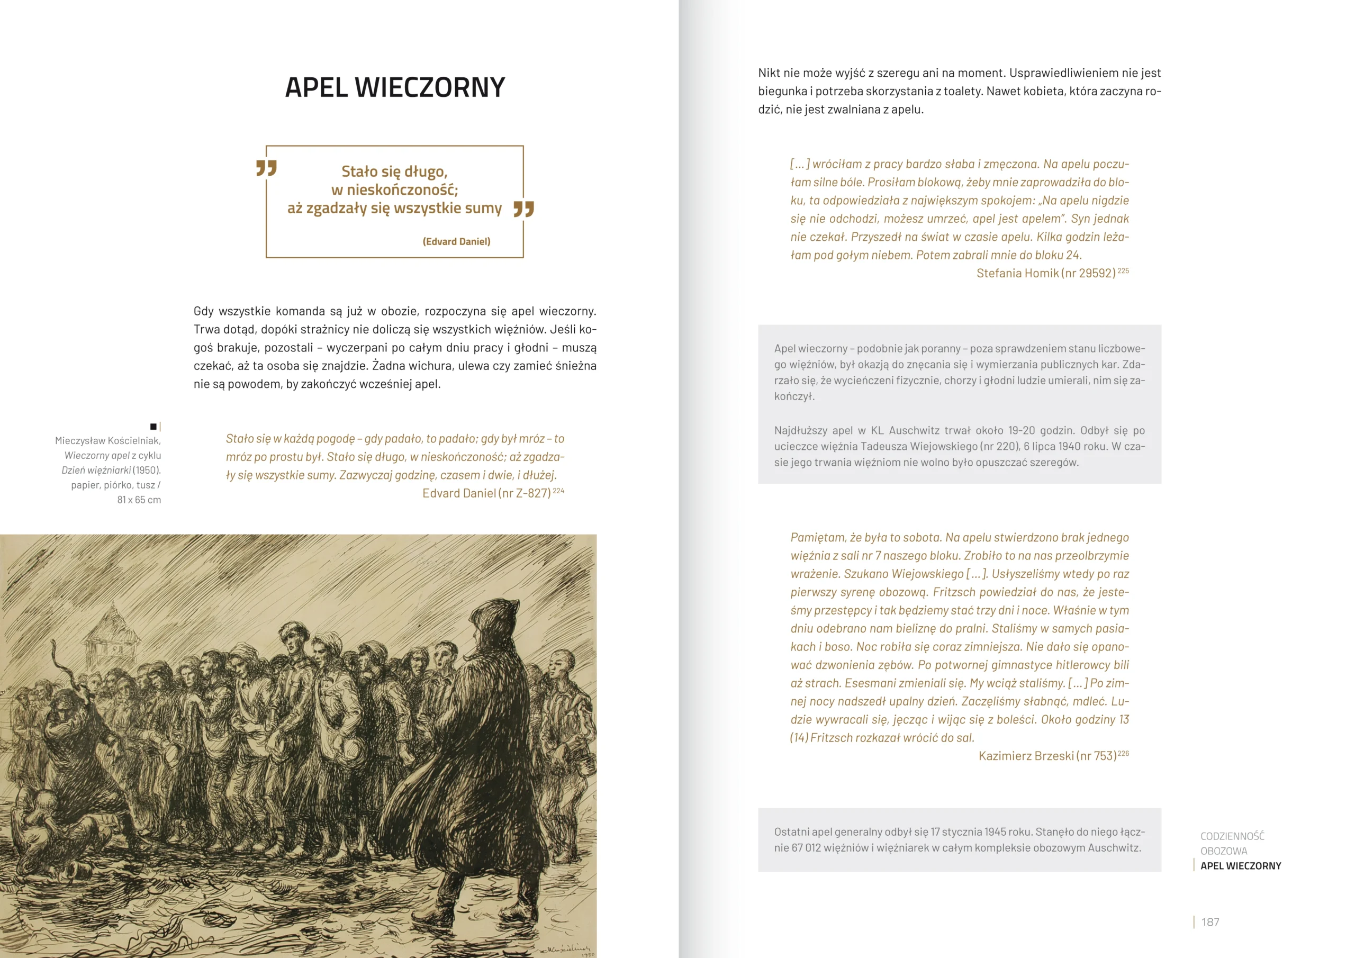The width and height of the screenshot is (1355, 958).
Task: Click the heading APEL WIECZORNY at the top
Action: (395, 87)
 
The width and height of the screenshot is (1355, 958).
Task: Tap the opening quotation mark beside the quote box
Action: (266, 168)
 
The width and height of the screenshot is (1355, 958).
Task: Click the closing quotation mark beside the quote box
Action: (523, 209)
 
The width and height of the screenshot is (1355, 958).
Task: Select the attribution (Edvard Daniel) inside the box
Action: (456, 241)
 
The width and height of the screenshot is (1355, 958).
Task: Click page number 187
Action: (1210, 922)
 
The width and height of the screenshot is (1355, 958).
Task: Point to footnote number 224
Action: (558, 491)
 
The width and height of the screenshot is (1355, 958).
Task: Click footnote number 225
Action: (1123, 270)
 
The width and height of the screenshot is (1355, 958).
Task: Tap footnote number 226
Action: (1123, 753)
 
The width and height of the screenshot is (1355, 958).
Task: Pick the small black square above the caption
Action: (153, 426)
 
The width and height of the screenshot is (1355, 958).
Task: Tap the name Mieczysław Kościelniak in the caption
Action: (107, 441)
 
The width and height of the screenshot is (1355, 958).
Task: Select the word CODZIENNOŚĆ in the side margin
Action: (1232, 836)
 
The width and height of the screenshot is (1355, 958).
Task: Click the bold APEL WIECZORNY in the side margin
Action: (1241, 866)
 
